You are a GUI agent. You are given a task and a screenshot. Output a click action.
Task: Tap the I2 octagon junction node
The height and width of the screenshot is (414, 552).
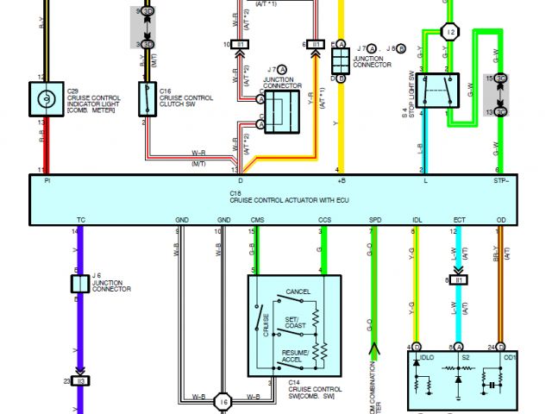click(448, 32)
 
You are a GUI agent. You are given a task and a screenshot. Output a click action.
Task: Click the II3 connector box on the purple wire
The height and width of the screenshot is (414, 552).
click(79, 380)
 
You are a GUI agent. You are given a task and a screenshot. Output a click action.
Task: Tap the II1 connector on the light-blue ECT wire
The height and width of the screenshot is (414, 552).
click(458, 280)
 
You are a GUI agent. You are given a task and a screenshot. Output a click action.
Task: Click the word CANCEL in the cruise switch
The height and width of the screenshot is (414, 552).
click(298, 292)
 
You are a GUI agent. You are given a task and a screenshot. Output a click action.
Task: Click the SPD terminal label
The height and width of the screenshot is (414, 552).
click(374, 221)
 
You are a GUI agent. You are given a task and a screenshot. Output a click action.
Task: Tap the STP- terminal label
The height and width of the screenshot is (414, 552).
click(500, 181)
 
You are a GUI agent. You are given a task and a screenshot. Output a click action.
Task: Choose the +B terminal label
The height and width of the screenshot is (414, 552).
click(340, 181)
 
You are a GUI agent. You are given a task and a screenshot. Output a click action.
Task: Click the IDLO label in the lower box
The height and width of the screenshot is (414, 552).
click(427, 356)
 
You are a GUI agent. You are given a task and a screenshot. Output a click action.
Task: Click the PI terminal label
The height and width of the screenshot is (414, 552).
click(47, 181)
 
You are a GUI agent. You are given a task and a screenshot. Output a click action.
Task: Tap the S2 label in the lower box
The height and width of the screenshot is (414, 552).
click(466, 356)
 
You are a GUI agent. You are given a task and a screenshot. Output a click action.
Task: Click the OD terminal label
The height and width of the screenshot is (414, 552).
click(501, 221)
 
